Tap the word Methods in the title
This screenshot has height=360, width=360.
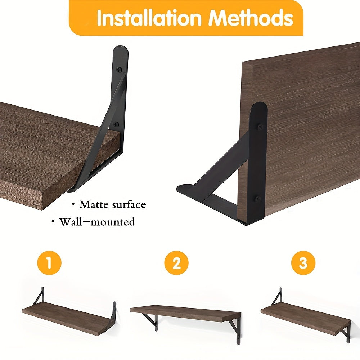click(252, 18)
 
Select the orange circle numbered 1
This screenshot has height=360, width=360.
click(49, 263)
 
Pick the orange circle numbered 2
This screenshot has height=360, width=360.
click(176, 263)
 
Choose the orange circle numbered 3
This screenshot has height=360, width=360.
click(303, 263)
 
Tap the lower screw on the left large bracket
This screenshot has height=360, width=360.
click(116, 125)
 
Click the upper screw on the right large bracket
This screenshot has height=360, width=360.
click(259, 127)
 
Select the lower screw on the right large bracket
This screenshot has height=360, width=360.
click(258, 198)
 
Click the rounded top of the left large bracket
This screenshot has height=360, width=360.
click(120, 50)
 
